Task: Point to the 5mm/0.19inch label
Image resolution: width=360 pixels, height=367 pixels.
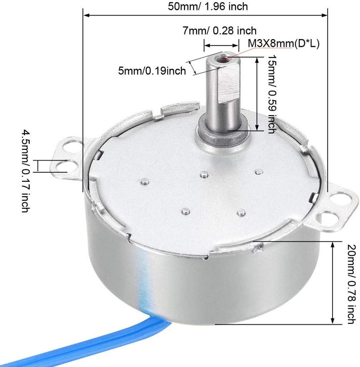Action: point(151,71)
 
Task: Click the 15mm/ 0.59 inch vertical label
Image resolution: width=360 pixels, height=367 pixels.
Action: point(271,94)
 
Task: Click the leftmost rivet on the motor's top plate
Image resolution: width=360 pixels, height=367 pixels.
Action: point(144,182)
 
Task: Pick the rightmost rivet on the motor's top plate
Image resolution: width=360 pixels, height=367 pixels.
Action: point(258,171)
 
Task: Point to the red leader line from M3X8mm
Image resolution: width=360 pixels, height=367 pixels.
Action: point(238,52)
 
